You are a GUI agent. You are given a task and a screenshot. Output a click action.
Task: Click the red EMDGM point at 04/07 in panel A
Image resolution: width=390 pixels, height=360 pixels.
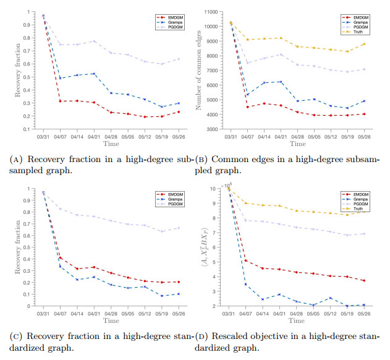(60, 101)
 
